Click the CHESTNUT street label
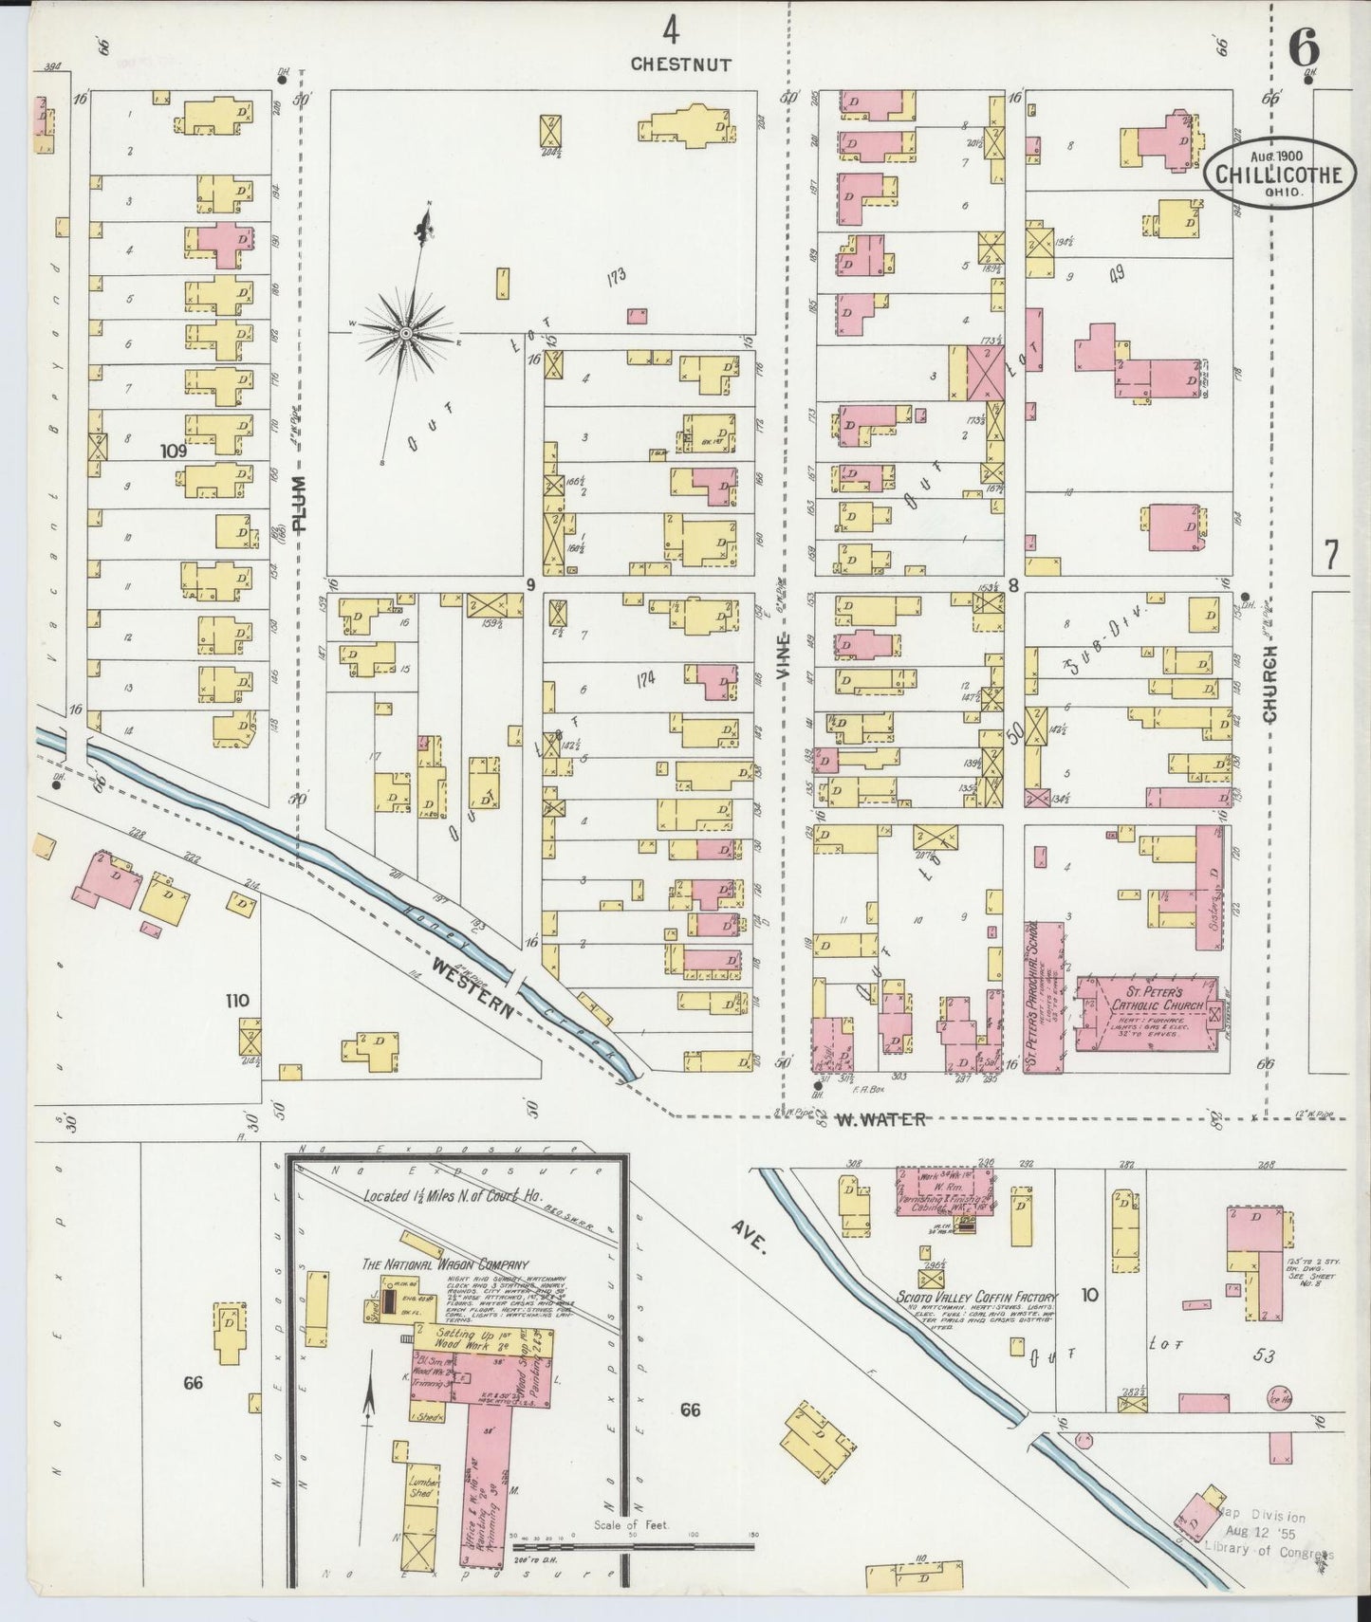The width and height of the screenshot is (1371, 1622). pyautogui.click(x=680, y=65)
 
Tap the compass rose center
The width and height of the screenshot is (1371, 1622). pyautogui.click(x=405, y=332)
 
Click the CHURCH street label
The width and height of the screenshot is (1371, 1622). pyautogui.click(x=1270, y=684)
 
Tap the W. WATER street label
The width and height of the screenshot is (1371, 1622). pyautogui.click(x=880, y=1119)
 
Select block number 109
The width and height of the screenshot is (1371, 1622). pyautogui.click(x=174, y=452)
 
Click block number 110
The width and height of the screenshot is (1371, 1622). pyautogui.click(x=237, y=1000)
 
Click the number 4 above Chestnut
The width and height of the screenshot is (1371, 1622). pyautogui.click(x=671, y=32)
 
